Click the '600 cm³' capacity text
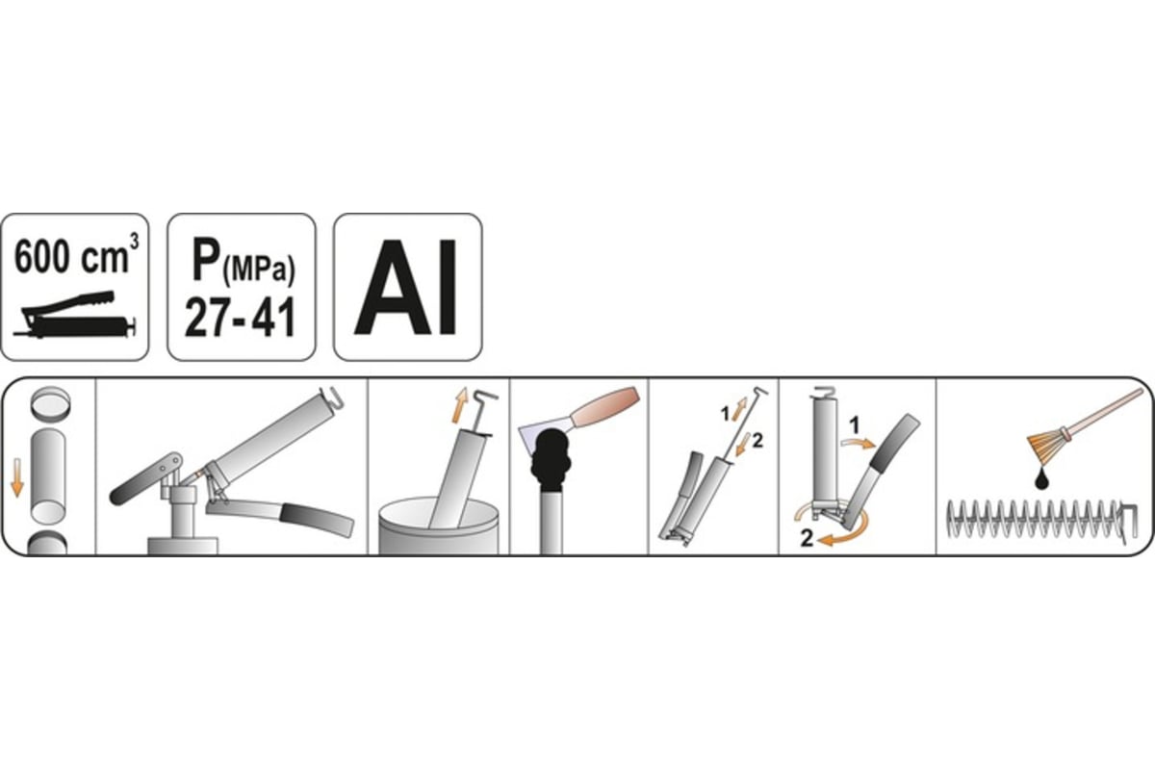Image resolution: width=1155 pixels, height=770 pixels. (x=76, y=255)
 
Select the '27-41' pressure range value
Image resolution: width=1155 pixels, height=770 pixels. (x=241, y=318)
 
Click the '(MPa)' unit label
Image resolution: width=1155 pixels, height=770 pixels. (x=258, y=269)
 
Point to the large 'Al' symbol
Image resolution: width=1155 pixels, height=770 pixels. (x=406, y=287)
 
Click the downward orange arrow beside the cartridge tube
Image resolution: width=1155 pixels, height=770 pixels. (x=17, y=477)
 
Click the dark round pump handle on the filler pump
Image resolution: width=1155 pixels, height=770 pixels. (x=145, y=478)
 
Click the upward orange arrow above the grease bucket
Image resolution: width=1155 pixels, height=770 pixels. (x=459, y=405)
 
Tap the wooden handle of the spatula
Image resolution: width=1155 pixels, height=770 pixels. (x=604, y=407)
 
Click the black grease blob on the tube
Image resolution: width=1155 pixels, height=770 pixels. (x=551, y=460)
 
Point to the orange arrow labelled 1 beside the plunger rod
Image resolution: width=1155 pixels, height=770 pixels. (x=739, y=409)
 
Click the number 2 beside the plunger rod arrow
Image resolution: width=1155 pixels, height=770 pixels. (x=757, y=441)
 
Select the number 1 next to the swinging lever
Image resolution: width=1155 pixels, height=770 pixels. (x=855, y=426)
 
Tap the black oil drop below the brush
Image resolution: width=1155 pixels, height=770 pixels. (x=1042, y=479)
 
